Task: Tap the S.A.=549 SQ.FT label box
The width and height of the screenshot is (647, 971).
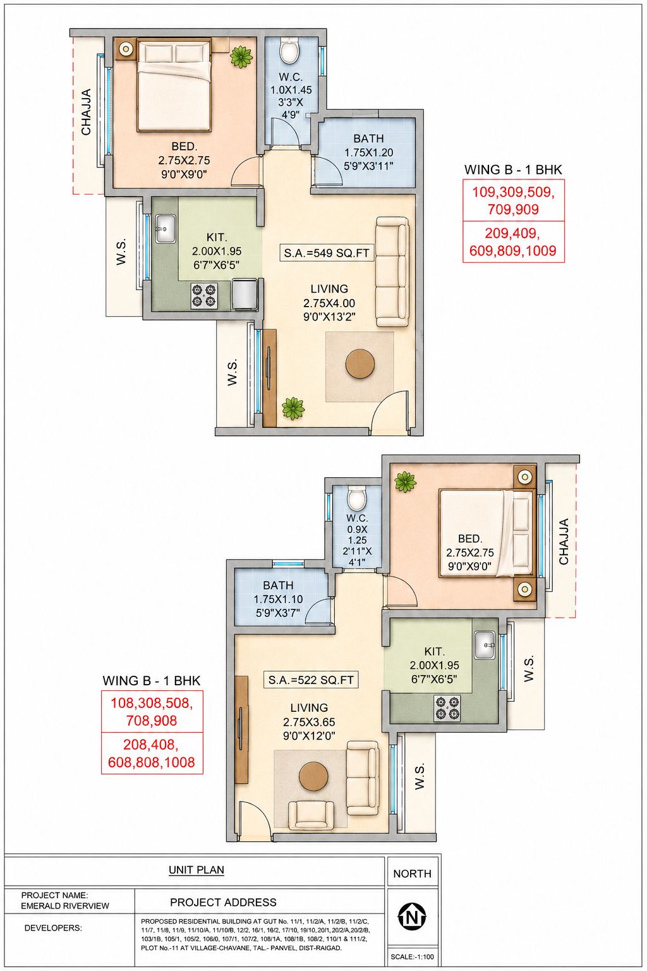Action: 326,253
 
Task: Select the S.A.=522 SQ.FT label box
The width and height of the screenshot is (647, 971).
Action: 311,680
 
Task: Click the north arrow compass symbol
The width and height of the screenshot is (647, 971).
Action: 412,917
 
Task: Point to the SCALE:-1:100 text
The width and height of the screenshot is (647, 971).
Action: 412,956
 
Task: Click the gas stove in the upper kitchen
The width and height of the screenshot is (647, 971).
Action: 204,295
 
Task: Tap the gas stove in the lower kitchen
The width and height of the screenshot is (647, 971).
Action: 448,708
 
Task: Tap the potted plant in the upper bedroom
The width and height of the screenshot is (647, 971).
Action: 241,56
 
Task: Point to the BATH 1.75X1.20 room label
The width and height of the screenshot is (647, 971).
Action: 369,152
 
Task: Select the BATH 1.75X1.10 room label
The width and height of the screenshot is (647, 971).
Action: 278,599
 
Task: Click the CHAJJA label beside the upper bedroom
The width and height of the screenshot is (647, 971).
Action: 87,112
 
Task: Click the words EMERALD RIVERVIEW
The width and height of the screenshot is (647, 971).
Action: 65,905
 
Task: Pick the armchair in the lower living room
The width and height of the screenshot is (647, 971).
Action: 311,814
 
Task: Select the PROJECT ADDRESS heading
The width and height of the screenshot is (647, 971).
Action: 223,902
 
